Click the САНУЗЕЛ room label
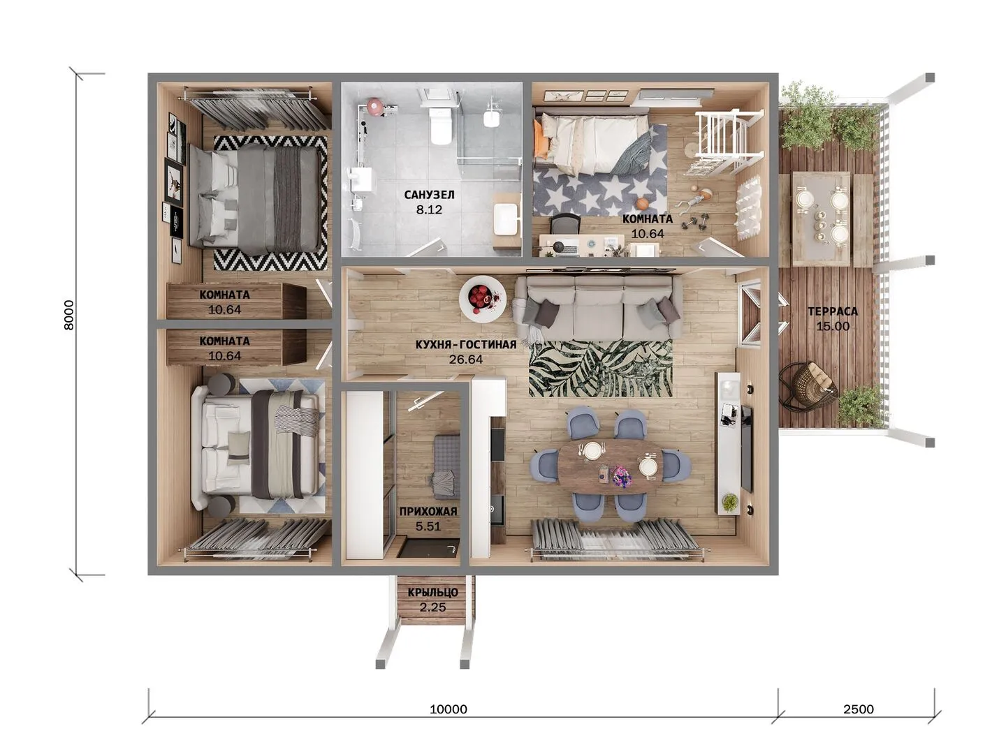click(429, 195)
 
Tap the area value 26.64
click(466, 360)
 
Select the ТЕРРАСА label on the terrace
click(833, 311)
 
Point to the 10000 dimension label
click(449, 709)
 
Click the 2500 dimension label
click(859, 709)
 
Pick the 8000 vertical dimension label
click(68, 315)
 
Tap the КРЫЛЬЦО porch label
click(432, 592)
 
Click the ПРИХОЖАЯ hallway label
click(428, 511)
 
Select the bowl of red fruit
click(483, 298)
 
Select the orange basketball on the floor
click(641, 202)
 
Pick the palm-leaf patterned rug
click(600, 368)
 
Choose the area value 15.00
click(833, 327)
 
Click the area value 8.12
click(429, 209)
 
